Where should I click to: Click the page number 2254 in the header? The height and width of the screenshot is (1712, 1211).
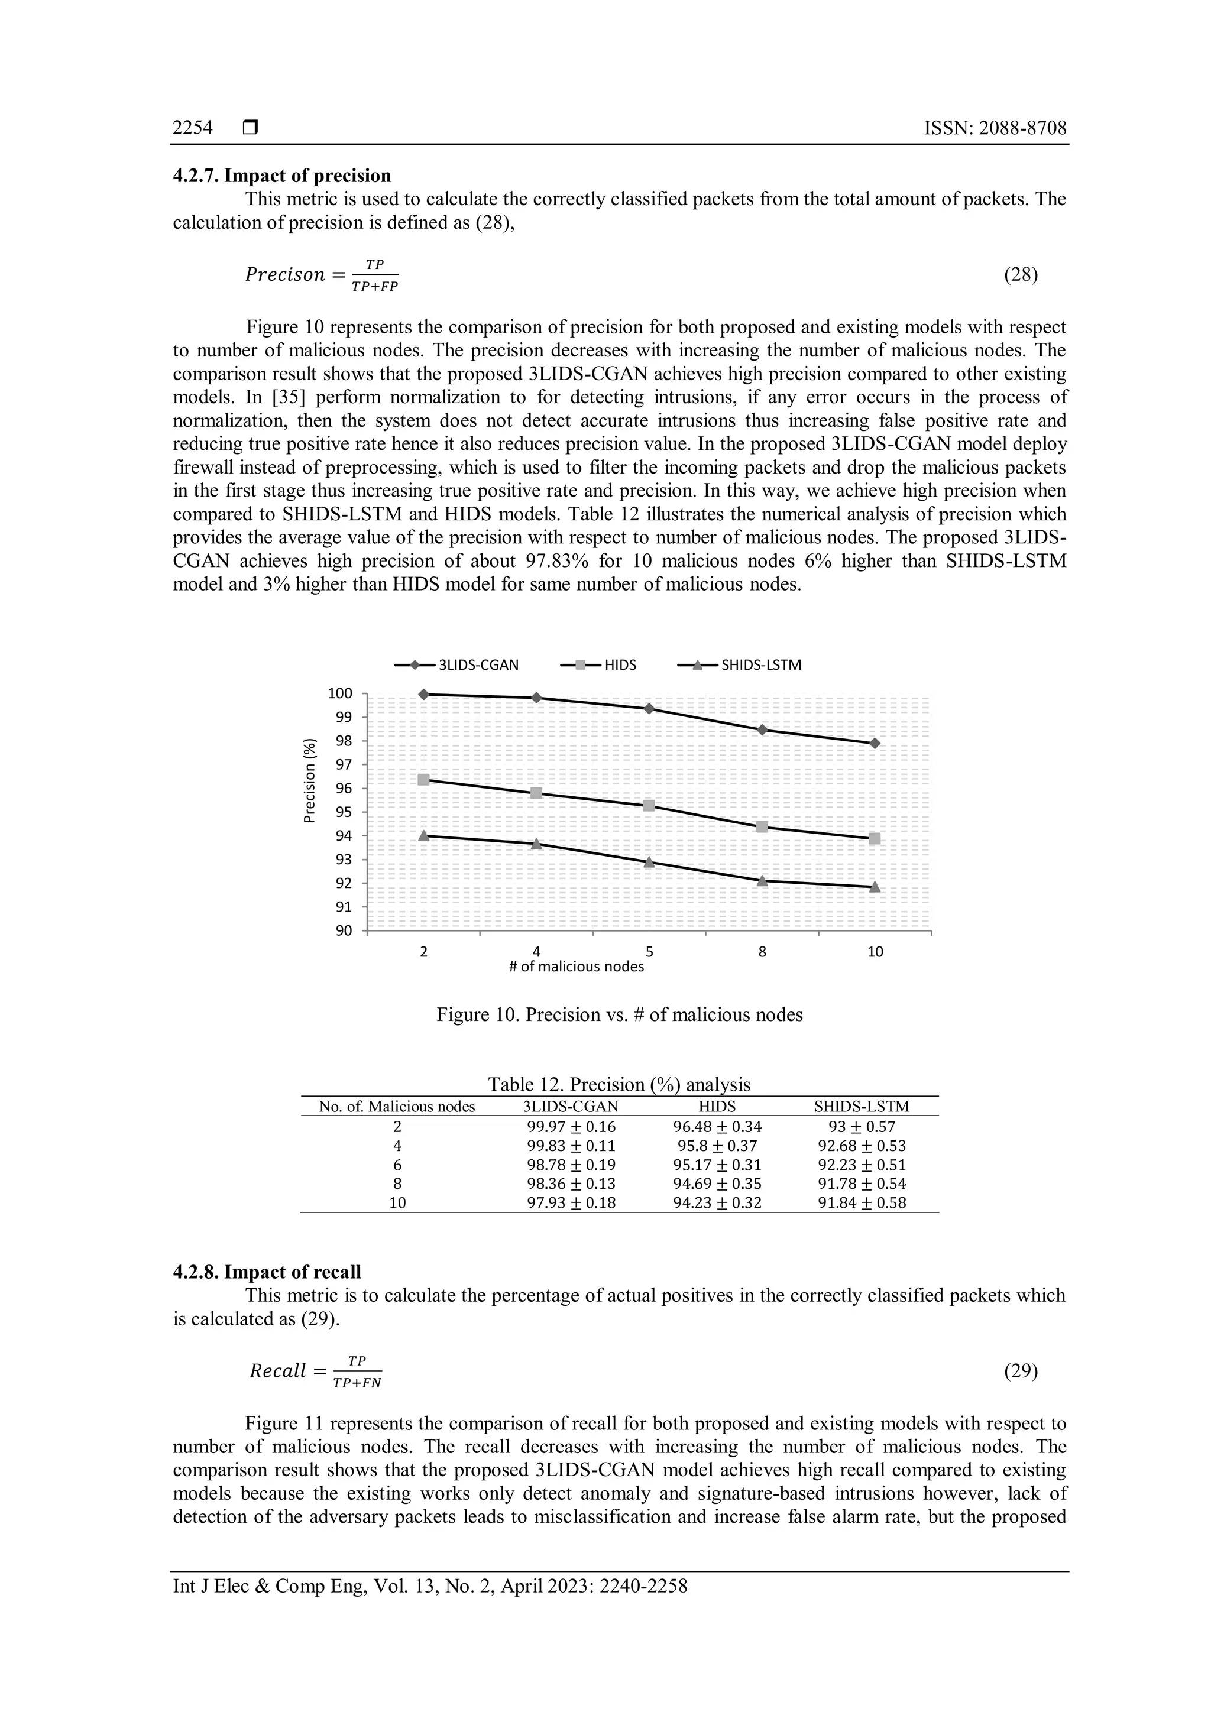192,128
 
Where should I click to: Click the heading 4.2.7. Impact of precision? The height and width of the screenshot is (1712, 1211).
282,176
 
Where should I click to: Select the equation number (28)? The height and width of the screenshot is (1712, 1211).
1021,275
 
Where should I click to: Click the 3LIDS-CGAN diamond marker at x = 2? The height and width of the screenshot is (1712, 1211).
423,694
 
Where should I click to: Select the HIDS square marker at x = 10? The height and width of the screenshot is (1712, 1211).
875,839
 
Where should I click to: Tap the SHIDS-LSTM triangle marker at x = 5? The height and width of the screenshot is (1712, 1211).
649,862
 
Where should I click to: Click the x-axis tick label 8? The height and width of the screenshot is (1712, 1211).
762,952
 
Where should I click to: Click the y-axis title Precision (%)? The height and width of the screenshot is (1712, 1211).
309,780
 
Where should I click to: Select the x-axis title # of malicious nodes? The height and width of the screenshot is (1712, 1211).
576,967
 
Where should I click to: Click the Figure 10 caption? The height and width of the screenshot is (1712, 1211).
619,1015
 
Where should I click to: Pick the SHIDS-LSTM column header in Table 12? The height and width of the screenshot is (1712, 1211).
862,1107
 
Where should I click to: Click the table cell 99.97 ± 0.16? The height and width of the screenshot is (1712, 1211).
571,1127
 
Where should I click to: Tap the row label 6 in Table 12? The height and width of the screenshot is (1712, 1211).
397,1165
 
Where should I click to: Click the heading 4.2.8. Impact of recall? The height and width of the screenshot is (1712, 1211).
267,1272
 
